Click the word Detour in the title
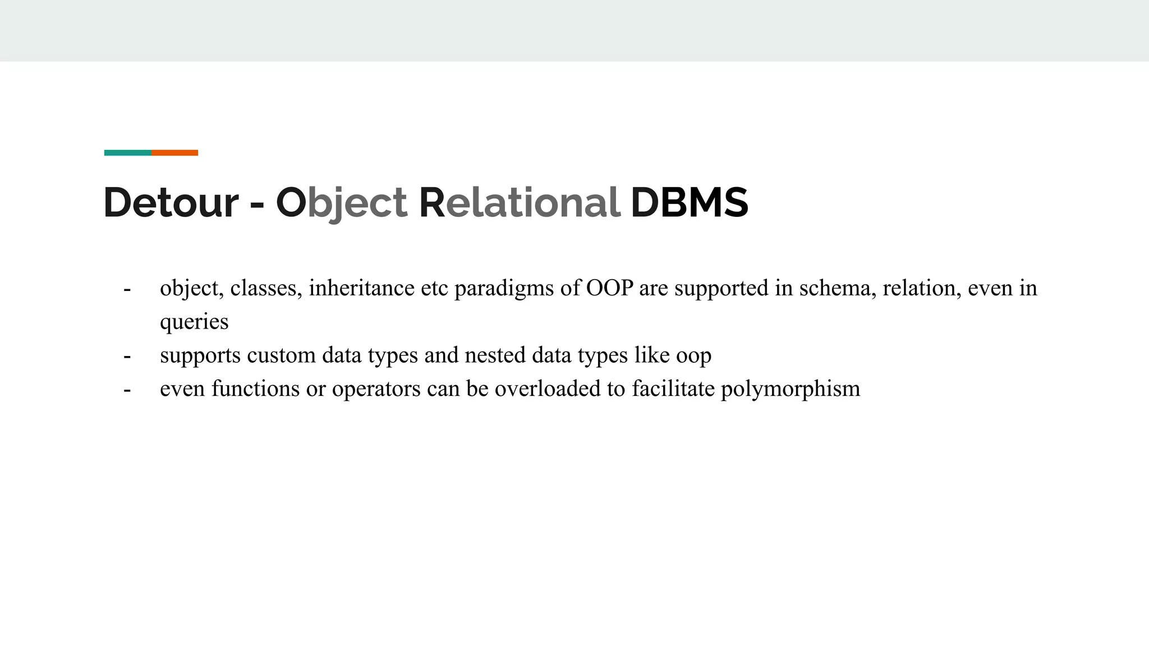(x=171, y=202)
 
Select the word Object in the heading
(x=341, y=202)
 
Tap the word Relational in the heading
(x=520, y=202)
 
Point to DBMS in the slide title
(x=690, y=202)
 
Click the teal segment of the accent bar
(x=128, y=153)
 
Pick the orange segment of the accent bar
(x=174, y=153)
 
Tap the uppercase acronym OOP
(x=609, y=288)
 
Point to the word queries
(x=194, y=322)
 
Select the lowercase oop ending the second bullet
(x=693, y=356)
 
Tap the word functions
(x=255, y=389)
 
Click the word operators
(x=376, y=389)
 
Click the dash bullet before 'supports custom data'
(x=127, y=356)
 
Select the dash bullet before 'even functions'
(x=127, y=389)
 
